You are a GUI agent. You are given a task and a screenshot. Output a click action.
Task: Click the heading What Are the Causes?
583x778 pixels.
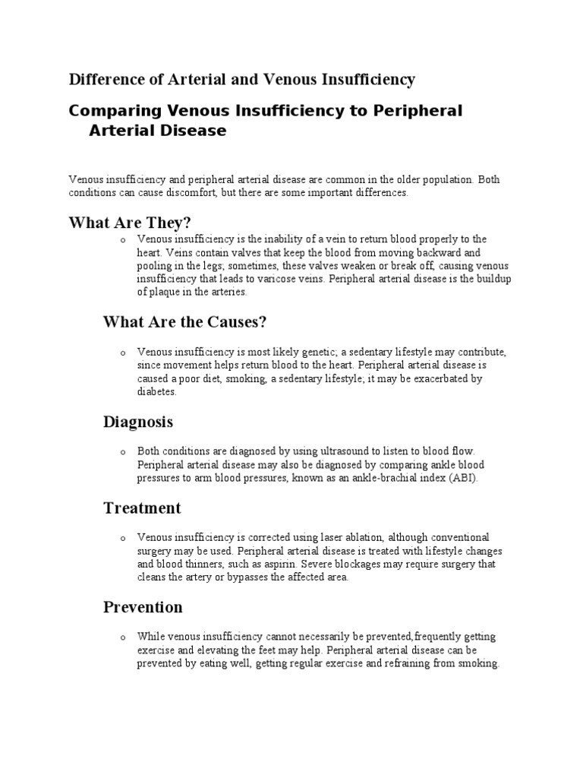[184, 321]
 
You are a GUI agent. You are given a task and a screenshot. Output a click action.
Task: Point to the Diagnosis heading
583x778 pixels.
[138, 421]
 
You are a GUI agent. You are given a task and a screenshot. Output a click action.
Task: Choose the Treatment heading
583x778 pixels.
[142, 508]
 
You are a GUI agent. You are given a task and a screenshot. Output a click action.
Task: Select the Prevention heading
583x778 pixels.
[143, 607]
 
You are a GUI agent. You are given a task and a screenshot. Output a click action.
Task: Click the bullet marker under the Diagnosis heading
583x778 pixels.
[122, 452]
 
